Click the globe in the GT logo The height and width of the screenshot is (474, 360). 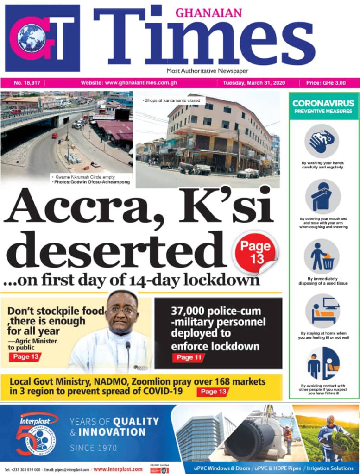tap(32, 37)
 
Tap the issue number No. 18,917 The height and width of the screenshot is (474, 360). tap(27, 83)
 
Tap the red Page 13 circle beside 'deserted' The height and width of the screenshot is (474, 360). tap(256, 253)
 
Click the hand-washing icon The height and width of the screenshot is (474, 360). tap(322, 141)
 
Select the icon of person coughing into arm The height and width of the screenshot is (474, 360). tap(322, 197)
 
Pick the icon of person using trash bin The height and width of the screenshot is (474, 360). tap(322, 256)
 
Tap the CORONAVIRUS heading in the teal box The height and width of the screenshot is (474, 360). tap(323, 103)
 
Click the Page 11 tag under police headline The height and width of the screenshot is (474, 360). tap(189, 357)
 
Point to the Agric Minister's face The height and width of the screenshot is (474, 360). tap(122, 313)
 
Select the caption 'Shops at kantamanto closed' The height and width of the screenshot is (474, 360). tap(168, 100)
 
